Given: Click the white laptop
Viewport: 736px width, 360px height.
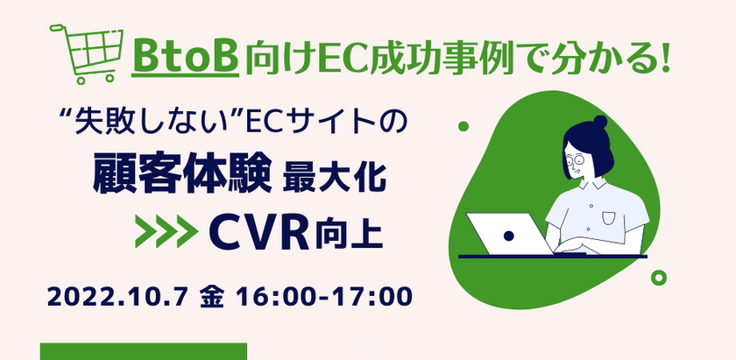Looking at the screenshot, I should (508, 233).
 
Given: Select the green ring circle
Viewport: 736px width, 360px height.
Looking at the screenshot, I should (658, 279).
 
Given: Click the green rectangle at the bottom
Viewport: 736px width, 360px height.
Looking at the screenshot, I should (144, 351).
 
